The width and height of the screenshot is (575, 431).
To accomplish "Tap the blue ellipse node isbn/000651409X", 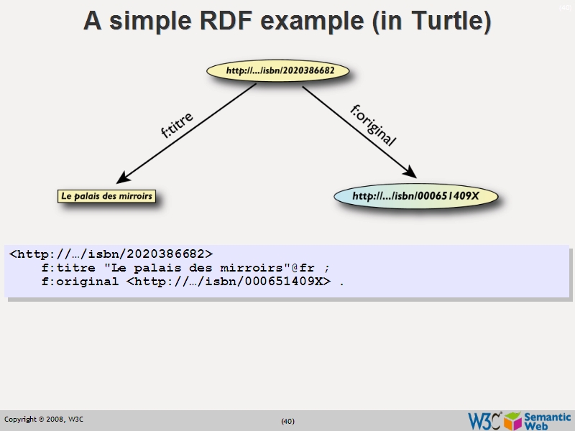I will tap(415, 195).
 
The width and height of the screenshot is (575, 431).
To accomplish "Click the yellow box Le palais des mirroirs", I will tap(107, 195).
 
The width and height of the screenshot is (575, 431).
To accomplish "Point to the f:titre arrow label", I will tap(176, 124).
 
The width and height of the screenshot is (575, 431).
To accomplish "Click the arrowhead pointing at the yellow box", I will tap(124, 177).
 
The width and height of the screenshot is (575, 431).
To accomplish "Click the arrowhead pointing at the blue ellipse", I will tap(409, 172).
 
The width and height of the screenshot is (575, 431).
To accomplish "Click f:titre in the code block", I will tap(69, 268).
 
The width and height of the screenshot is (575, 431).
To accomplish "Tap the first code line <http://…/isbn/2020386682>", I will tap(111, 254).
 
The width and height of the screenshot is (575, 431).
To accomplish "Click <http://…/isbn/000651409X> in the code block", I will tap(229, 282).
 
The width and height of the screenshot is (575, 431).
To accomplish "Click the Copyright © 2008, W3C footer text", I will tap(44, 420).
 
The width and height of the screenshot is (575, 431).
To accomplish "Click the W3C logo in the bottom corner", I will tap(484, 420).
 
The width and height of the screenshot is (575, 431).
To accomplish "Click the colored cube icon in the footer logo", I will tap(512, 420).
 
